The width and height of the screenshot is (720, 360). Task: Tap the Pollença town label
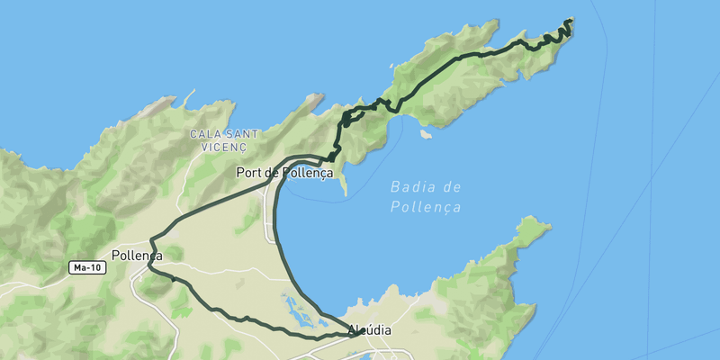(137, 256)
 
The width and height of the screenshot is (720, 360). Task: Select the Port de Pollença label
(284, 172)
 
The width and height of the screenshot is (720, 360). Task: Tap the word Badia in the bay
(411, 188)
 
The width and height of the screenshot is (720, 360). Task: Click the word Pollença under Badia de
(426, 207)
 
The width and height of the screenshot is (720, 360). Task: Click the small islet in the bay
(425, 135)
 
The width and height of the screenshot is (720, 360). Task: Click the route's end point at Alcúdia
(359, 331)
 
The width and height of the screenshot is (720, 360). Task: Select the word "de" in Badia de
(452, 188)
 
